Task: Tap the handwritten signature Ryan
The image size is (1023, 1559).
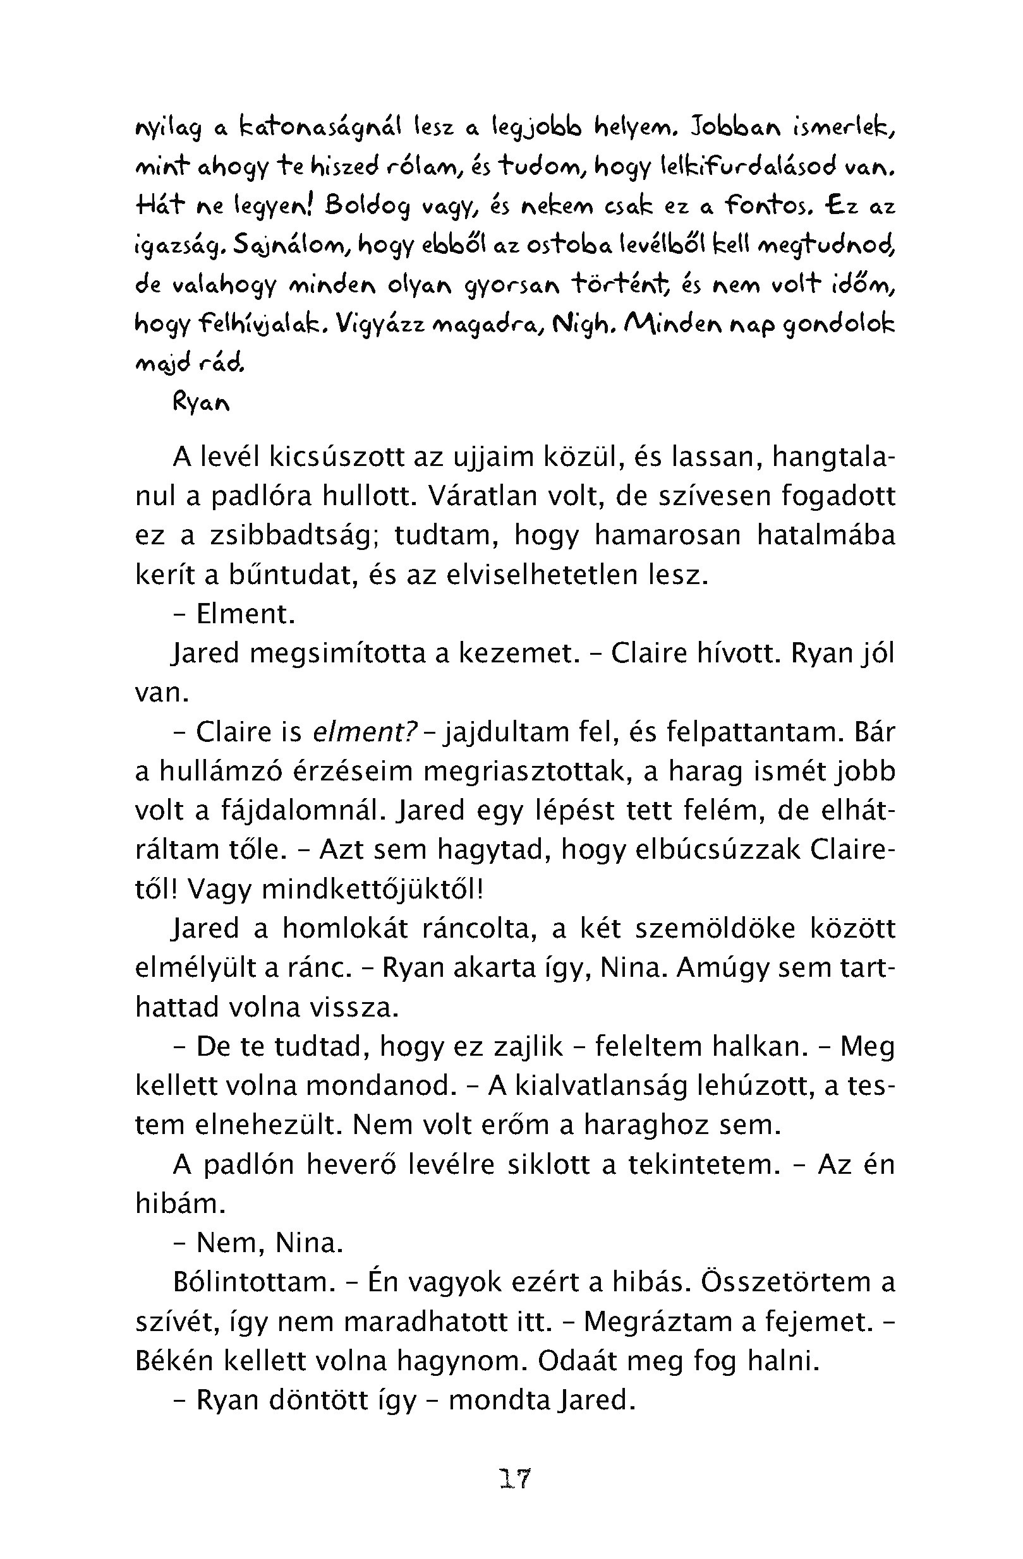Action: click(201, 403)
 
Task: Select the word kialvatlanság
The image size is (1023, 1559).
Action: click(601, 1086)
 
